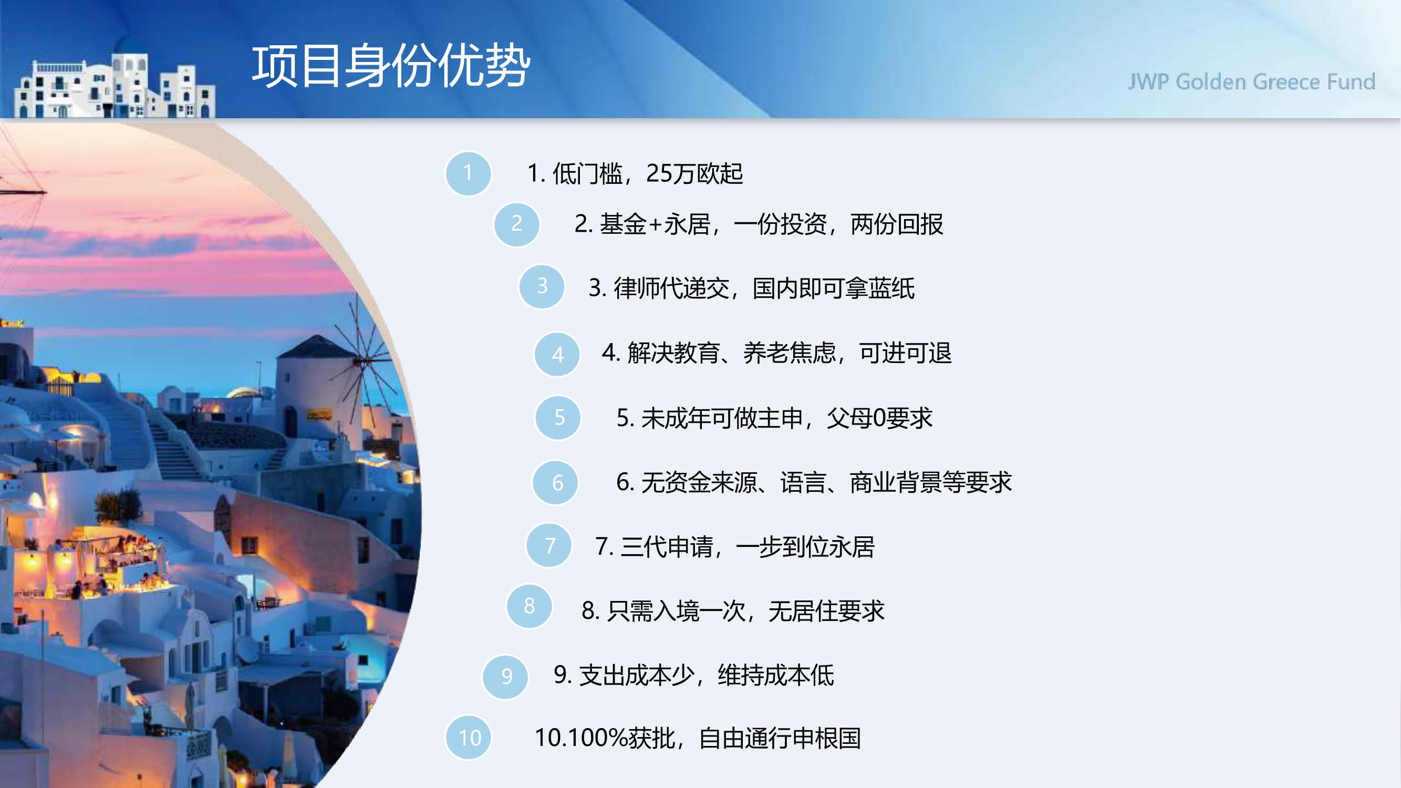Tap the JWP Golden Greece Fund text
pyautogui.click(x=1251, y=82)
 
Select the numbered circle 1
pyautogui.click(x=468, y=173)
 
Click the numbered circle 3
pyautogui.click(x=542, y=287)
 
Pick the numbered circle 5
pyautogui.click(x=558, y=418)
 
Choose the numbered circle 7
pyautogui.click(x=549, y=545)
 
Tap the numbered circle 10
pyautogui.click(x=468, y=738)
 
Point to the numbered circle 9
pyautogui.click(x=505, y=677)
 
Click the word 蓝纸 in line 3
pyautogui.click(x=891, y=288)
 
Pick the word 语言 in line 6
pyautogui.click(x=803, y=482)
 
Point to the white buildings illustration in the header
pyautogui.click(x=115, y=86)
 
